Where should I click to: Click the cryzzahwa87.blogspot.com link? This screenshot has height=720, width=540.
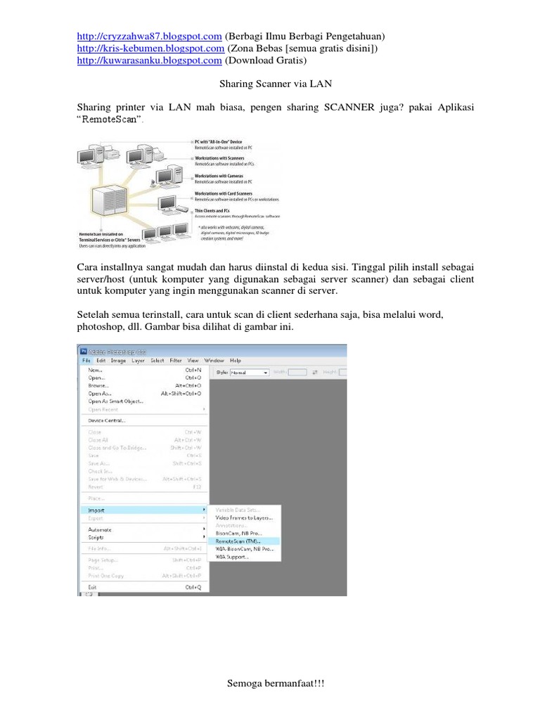149,37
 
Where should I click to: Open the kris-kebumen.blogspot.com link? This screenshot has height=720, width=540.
150,49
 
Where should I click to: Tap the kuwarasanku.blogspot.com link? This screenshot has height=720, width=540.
149,60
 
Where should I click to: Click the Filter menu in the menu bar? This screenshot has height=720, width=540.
175,360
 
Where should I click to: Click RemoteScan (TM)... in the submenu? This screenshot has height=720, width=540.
238,541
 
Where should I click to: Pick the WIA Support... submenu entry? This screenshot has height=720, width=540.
232,557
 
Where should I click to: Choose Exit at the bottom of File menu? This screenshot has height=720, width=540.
93,586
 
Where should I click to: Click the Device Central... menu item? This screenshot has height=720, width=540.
107,420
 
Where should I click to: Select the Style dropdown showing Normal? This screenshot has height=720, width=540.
250,372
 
